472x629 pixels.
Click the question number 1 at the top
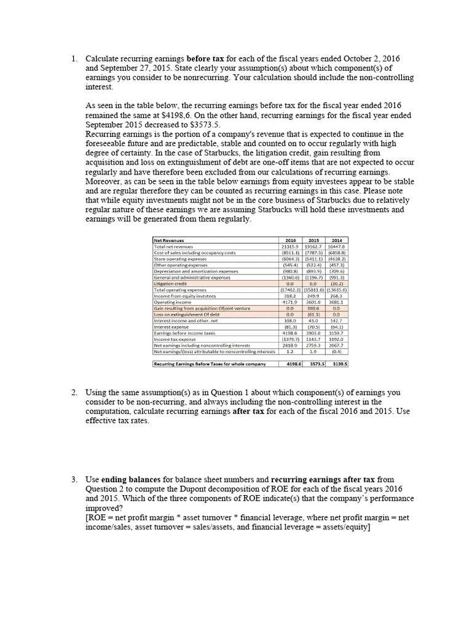tap(73, 58)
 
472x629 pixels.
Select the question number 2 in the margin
tap(73, 393)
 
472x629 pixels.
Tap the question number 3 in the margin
tap(73, 479)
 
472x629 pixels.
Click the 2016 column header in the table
tap(291, 240)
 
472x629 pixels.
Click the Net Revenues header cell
tap(168, 240)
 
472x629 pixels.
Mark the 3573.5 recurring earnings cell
tap(313, 364)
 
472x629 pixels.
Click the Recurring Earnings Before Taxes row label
tap(210, 364)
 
